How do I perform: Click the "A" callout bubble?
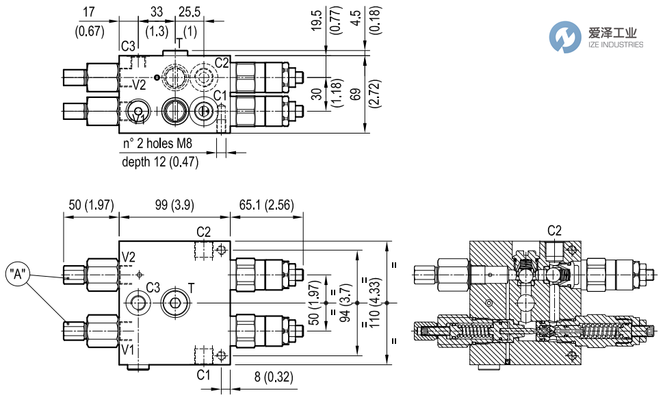point(21,275)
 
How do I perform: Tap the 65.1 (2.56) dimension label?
point(265,205)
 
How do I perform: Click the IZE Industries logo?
point(597,37)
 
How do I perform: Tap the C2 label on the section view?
point(554,230)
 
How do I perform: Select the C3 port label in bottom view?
point(153,287)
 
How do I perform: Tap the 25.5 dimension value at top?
point(189,12)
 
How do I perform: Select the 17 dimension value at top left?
point(88,12)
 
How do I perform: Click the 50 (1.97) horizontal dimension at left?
point(91,205)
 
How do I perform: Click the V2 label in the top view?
point(139,85)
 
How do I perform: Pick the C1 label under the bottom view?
point(203,375)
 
